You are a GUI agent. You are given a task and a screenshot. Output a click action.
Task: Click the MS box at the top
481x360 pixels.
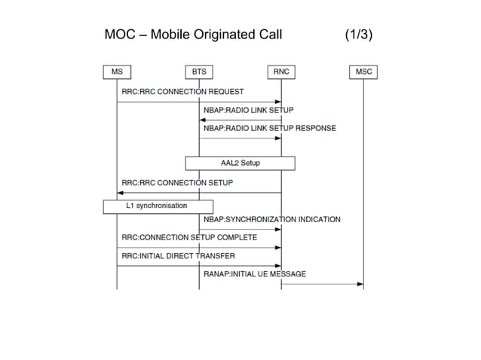(117, 72)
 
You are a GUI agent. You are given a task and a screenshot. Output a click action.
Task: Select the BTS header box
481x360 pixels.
(199, 72)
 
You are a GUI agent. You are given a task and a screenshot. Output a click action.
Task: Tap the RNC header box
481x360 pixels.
(281, 72)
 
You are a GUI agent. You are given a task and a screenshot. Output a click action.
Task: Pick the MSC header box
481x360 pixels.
(363, 72)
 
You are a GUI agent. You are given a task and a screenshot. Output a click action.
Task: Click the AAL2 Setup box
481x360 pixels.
(240, 163)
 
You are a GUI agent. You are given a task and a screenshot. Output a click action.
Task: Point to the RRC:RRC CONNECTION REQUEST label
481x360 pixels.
(182, 92)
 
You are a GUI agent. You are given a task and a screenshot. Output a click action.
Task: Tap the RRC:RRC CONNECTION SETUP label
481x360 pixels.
(176, 183)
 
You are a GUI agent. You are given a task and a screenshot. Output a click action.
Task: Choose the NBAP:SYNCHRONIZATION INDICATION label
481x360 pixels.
(271, 220)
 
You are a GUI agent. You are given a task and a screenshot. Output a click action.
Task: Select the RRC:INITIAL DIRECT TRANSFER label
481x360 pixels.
(177, 256)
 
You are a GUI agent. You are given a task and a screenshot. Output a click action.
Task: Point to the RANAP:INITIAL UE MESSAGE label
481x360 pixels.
(255, 274)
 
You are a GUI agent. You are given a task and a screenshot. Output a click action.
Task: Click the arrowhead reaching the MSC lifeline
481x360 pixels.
(360, 284)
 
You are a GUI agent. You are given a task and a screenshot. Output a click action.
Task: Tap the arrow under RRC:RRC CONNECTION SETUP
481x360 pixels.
(199, 193)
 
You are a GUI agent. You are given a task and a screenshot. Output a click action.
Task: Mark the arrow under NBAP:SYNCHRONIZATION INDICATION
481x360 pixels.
(240, 229)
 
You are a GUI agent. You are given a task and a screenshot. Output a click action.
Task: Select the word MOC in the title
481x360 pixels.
(120, 35)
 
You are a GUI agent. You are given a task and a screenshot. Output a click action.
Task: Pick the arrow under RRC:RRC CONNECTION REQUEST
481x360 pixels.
(199, 102)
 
